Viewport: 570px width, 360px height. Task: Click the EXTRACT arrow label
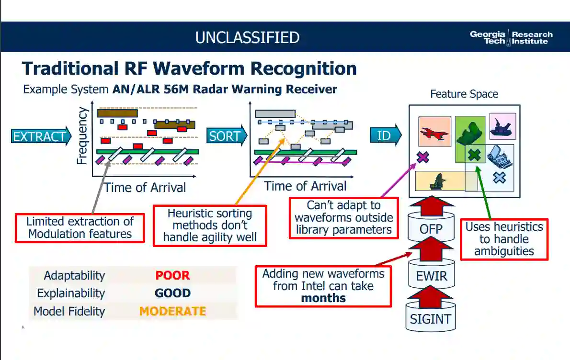tap(40, 136)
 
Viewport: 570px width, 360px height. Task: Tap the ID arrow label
tap(384, 136)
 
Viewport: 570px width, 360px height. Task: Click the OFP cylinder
tap(431, 228)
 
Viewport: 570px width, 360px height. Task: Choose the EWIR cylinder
tap(431, 276)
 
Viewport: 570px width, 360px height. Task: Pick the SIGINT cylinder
tap(431, 318)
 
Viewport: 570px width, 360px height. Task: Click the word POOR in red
tap(172, 275)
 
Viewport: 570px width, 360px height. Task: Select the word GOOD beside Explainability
tap(172, 293)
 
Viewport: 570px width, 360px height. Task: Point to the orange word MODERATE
tap(172, 311)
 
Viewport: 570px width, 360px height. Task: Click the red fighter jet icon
tap(434, 132)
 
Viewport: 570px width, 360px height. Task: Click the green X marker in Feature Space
tap(474, 155)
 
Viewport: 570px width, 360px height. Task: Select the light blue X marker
tap(500, 178)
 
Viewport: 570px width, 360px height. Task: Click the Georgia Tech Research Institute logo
tap(511, 37)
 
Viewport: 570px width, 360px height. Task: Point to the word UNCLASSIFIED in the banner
tap(247, 37)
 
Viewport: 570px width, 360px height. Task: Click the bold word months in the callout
tap(323, 298)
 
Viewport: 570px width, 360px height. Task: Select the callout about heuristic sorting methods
tap(210, 225)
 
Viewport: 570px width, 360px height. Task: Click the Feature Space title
tap(464, 94)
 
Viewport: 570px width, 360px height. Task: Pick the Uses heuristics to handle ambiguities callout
tap(504, 239)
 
